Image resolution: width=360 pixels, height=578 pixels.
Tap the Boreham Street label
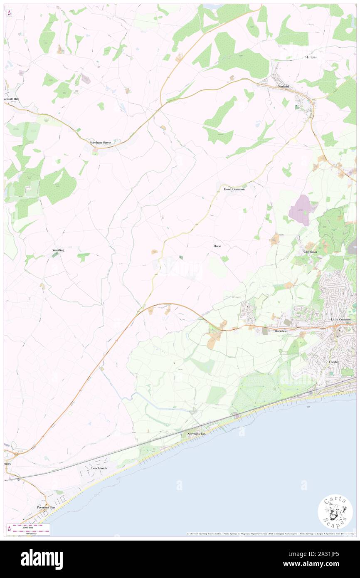click(x=101, y=143)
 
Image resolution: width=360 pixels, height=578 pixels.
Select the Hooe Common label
click(x=234, y=189)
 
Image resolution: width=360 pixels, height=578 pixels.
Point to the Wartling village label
click(x=58, y=250)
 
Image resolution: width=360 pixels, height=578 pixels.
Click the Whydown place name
click(x=310, y=252)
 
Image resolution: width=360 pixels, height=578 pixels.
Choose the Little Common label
click(x=341, y=319)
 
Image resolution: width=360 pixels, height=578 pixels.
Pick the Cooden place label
click(x=334, y=362)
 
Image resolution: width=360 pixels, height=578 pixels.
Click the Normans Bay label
click(x=195, y=433)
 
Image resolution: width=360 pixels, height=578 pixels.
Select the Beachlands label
click(x=99, y=468)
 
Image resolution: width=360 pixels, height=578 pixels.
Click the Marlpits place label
click(x=311, y=57)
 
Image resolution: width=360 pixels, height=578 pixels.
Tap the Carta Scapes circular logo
click(x=335, y=511)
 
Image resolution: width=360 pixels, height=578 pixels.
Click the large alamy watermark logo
click(x=42, y=559)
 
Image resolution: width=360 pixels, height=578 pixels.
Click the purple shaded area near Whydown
click(x=303, y=209)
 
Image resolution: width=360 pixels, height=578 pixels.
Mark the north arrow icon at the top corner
click(x=9, y=12)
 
